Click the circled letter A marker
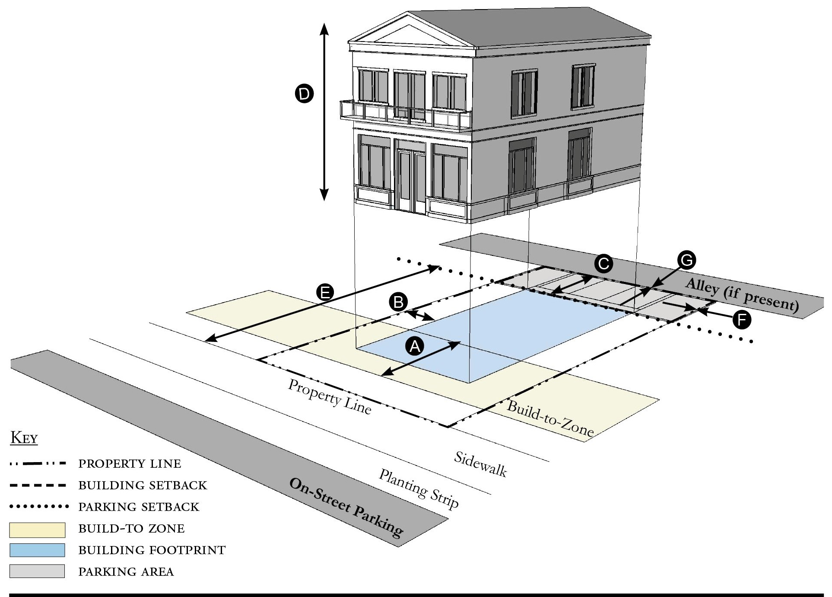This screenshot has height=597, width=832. click(x=415, y=346)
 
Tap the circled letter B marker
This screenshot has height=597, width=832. click(x=398, y=302)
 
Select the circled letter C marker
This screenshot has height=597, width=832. click(x=603, y=264)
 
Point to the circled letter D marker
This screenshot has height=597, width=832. click(x=304, y=94)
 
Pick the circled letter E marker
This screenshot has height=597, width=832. click(x=325, y=292)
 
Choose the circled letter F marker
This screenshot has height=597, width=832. click(x=742, y=320)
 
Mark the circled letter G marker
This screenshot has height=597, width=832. click(x=686, y=260)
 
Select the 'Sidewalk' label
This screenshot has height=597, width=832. click(x=480, y=464)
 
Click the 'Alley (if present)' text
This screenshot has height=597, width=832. click(x=742, y=295)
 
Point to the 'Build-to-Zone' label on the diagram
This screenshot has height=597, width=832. click(x=550, y=418)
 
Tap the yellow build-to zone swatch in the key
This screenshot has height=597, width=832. click(x=37, y=530)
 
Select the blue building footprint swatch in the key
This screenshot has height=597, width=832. click(x=37, y=550)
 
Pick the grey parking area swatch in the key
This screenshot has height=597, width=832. click(x=37, y=571)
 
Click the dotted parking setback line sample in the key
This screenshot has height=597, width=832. click(x=39, y=506)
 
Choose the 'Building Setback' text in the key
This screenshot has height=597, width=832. click(x=143, y=485)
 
